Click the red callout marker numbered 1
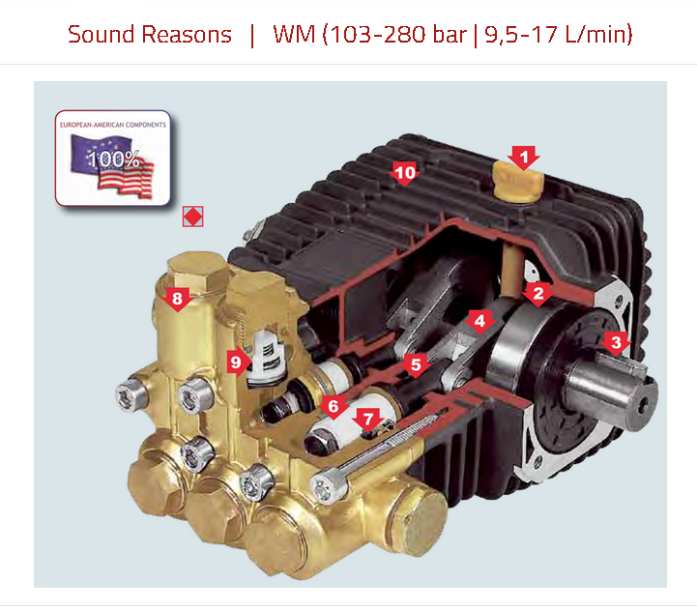(523, 155)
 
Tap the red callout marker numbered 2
(537, 291)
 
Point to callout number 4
(477, 320)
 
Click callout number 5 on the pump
(416, 364)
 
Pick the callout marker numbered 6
(333, 406)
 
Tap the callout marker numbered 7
(366, 419)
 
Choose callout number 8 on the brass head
(176, 299)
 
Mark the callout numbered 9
(236, 362)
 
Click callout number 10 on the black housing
(405, 173)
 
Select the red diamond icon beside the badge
(192, 218)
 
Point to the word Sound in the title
(102, 35)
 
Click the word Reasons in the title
(188, 35)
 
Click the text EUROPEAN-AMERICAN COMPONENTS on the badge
(112, 125)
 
